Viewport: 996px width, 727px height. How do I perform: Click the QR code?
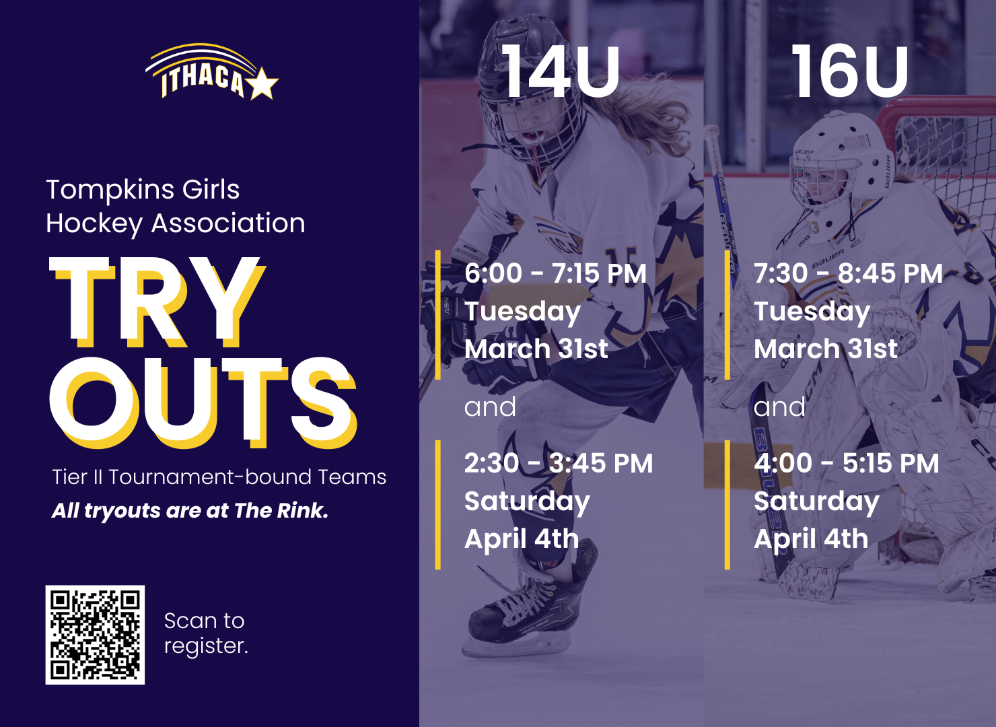(95, 635)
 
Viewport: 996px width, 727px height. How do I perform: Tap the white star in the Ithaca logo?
(262, 83)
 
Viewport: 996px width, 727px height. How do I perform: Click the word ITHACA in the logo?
(203, 81)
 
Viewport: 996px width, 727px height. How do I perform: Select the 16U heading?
(849, 71)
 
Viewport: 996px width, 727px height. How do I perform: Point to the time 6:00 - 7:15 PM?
(555, 273)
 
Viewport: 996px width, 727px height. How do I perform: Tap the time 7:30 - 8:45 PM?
(849, 273)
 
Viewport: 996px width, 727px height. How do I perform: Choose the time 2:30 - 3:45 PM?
(559, 463)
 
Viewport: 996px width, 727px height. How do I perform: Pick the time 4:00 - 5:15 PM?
(847, 463)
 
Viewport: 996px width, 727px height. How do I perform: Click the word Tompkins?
(110, 191)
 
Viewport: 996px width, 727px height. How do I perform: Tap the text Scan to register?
(206, 633)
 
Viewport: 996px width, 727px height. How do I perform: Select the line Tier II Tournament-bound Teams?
(219, 477)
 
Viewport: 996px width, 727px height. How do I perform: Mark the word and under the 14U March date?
(490, 407)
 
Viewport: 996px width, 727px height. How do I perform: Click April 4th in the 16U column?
(811, 539)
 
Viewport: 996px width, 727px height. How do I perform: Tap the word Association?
(228, 223)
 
